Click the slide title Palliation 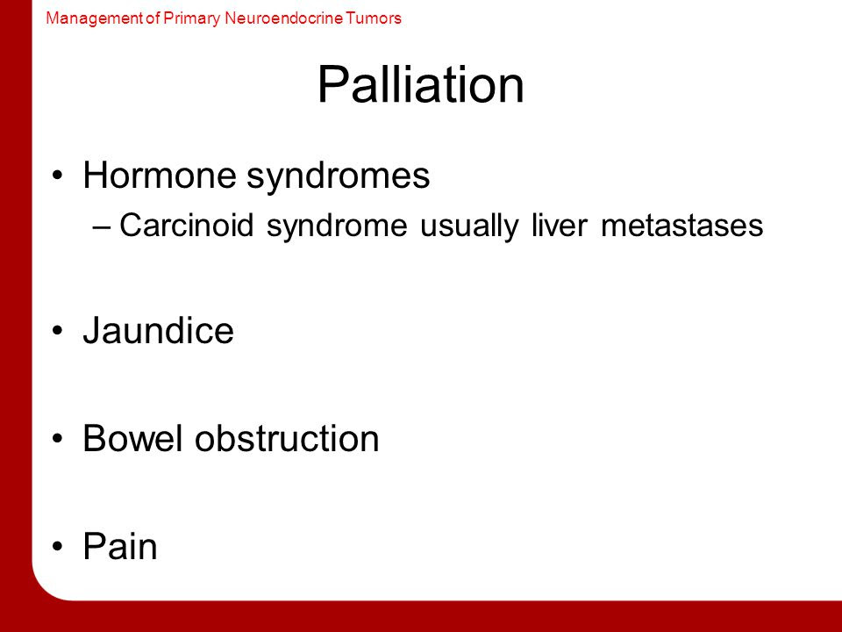click(420, 85)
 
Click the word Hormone click(160, 175)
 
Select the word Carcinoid click(186, 225)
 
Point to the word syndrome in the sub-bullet click(337, 226)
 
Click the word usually click(469, 226)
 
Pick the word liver click(560, 225)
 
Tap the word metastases click(682, 226)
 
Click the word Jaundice click(159, 330)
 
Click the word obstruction click(287, 438)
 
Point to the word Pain click(120, 546)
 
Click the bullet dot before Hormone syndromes click(58, 176)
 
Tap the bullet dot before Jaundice click(58, 331)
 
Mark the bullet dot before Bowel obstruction click(58, 439)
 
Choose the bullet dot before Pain click(58, 547)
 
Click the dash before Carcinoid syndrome click(102, 226)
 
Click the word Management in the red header click(95, 18)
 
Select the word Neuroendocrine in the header click(283, 18)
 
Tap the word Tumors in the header click(374, 18)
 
